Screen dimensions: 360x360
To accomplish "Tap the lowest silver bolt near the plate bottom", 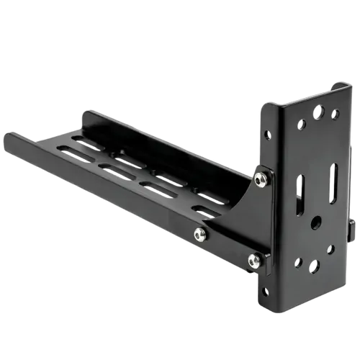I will (x=253, y=261).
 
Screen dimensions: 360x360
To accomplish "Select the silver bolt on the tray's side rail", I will (x=199, y=233).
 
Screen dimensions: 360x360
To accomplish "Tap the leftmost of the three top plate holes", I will (x=302, y=124).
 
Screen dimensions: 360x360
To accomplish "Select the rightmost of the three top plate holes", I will (x=335, y=114).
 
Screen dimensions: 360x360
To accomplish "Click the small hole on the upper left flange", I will (x=268, y=135).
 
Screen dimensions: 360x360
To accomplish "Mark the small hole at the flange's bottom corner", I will (x=264, y=292).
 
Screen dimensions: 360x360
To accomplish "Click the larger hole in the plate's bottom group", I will (x=313, y=267).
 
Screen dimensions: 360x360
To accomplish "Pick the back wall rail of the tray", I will (x=166, y=144).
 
